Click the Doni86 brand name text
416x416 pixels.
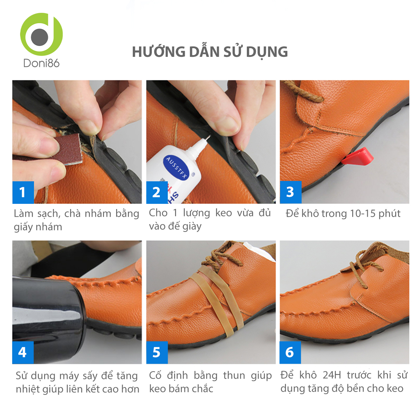(41, 63)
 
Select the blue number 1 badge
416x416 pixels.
(23, 192)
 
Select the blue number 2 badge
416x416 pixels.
(157, 192)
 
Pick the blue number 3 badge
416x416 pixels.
(291, 192)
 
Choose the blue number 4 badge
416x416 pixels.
(23, 353)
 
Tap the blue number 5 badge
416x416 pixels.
(157, 353)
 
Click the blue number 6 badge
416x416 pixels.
(290, 353)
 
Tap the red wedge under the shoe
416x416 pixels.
(357, 156)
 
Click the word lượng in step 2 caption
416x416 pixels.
(197, 213)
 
